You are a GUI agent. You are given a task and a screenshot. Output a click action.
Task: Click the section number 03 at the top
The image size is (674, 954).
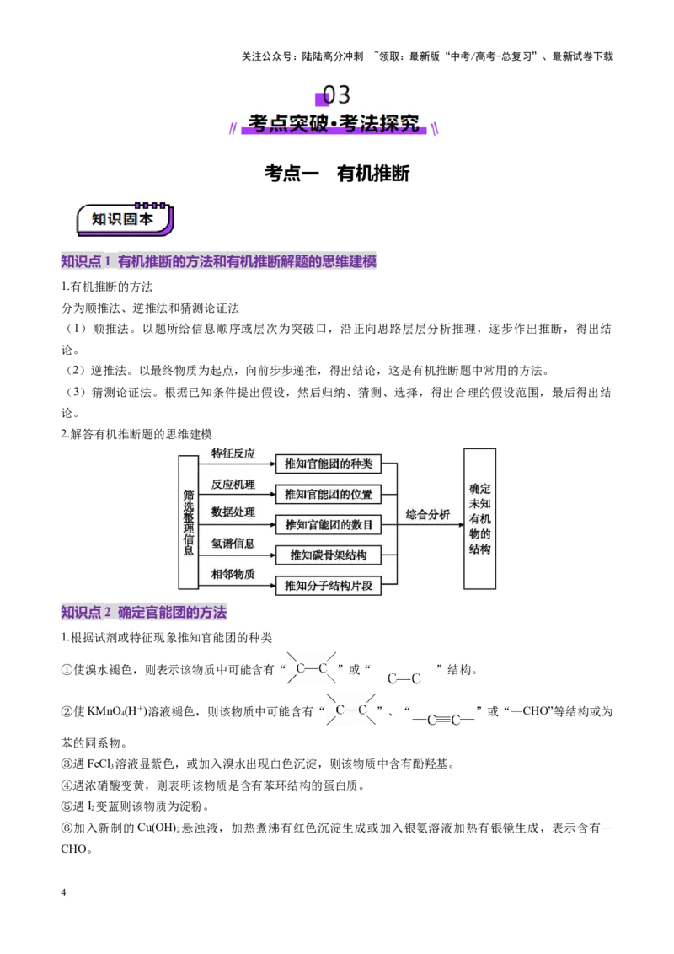tap(336, 95)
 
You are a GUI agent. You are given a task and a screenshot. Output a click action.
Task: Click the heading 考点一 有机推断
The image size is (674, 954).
tap(337, 174)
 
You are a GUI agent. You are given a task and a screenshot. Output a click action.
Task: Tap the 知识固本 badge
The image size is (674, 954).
tap(124, 219)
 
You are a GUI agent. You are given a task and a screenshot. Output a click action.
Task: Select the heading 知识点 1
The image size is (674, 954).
tap(86, 261)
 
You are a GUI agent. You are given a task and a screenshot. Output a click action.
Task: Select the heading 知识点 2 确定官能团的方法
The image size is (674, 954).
tap(143, 612)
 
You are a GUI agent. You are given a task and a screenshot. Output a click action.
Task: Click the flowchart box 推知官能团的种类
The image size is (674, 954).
tap(329, 464)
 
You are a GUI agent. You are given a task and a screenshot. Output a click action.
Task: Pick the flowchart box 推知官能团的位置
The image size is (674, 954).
tap(329, 494)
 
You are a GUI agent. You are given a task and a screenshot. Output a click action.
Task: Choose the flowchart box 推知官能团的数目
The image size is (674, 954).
tap(329, 524)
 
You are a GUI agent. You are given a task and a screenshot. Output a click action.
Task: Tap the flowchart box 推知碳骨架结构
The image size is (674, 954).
tap(329, 555)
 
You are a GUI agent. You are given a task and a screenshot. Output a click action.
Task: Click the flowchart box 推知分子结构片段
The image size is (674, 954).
tap(329, 586)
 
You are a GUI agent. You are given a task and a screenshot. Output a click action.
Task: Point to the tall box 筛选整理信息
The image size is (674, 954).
tap(189, 522)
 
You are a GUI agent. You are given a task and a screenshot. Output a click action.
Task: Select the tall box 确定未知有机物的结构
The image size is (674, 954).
tap(480, 519)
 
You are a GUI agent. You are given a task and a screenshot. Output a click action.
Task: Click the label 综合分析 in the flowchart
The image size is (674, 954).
tap(428, 515)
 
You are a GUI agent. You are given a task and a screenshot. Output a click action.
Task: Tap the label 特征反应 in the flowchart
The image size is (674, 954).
tap(233, 454)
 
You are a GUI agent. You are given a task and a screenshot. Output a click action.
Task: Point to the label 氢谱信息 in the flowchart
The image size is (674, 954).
tap(233, 544)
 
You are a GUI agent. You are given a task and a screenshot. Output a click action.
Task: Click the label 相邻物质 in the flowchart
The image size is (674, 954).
tap(233, 574)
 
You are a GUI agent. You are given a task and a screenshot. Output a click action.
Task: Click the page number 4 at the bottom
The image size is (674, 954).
tap(63, 892)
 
